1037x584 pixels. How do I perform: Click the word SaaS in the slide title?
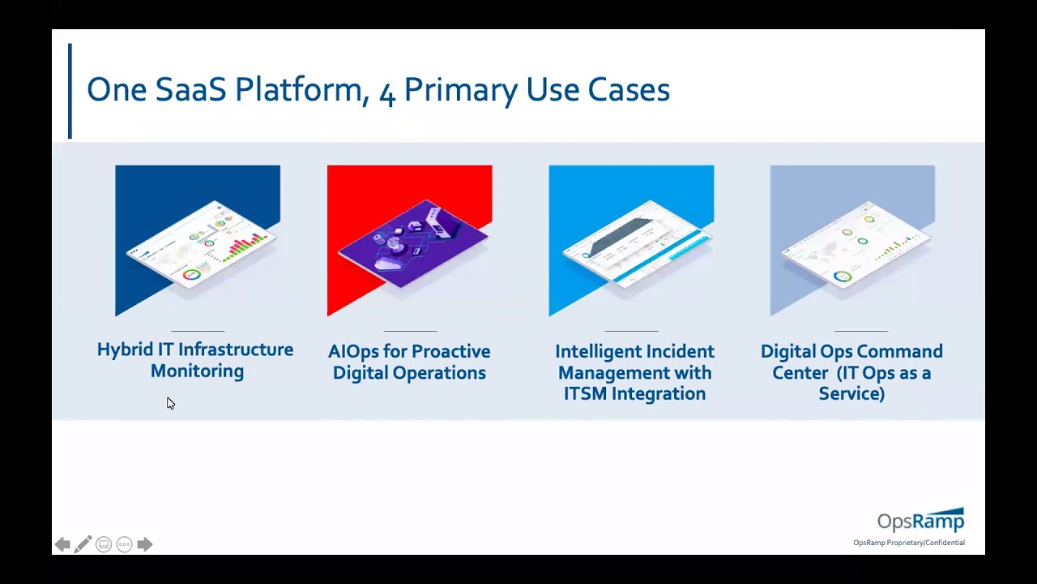point(190,89)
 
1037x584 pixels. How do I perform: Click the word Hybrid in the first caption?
point(124,350)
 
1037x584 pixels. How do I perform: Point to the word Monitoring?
point(197,371)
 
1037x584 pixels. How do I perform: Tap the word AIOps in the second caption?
point(353,351)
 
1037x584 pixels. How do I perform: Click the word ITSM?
point(585,393)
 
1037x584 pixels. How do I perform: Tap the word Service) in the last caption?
point(851,393)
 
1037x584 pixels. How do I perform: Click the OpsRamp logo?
point(920,520)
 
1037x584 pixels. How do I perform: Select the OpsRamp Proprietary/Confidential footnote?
point(908,543)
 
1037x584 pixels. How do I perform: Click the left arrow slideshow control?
point(62,544)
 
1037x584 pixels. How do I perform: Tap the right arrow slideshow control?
point(145,544)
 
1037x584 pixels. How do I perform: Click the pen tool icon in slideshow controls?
point(83,544)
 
